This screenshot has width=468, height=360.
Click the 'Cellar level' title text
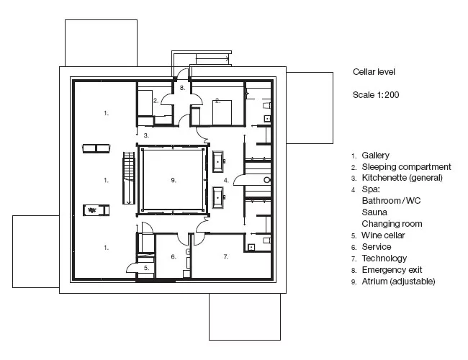tap(374, 72)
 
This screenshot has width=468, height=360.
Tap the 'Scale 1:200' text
tap(376, 95)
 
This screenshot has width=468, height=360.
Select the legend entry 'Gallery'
tap(375, 156)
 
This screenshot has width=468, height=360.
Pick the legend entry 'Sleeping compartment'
tap(407, 166)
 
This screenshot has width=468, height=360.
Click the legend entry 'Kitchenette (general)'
tap(402, 178)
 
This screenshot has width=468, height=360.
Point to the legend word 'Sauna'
tap(374, 212)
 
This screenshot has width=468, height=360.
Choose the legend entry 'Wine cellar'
tap(383, 235)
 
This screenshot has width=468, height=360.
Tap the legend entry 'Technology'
tap(384, 258)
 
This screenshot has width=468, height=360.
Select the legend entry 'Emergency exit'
tap(392, 270)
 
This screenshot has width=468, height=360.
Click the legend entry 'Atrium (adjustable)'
tap(398, 282)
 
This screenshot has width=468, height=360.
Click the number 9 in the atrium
tap(173, 180)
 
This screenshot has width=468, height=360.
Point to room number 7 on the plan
tap(225, 257)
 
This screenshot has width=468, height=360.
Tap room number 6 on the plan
tap(174, 257)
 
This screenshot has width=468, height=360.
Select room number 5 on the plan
tap(146, 268)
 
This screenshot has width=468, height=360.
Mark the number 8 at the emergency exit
tap(182, 88)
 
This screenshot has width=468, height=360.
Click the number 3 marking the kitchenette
tap(146, 135)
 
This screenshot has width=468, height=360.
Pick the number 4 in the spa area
tap(226, 180)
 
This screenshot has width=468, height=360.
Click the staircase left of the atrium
tap(129, 179)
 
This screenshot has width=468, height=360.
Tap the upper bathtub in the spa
tap(217, 161)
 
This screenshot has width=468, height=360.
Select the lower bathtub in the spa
tap(217, 197)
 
